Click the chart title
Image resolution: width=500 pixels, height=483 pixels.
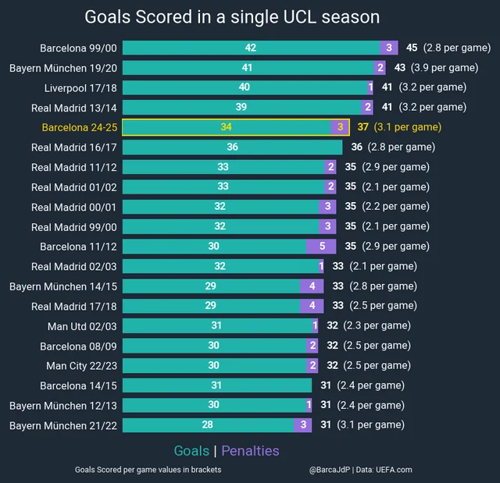(232, 17)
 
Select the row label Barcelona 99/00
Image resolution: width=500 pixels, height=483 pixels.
(78, 48)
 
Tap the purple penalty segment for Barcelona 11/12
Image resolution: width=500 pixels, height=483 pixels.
(322, 246)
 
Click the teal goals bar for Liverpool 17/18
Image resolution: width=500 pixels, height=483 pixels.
(245, 87)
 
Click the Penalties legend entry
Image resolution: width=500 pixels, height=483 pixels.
(250, 451)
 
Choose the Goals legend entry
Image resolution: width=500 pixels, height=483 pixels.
(191, 451)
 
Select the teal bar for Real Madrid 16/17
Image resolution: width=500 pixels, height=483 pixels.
(232, 147)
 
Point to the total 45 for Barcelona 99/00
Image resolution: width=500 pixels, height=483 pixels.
(412, 48)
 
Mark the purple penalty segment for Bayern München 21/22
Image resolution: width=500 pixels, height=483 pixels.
(302, 425)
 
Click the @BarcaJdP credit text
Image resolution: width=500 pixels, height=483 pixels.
(329, 470)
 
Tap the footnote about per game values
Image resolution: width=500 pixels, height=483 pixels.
(148, 470)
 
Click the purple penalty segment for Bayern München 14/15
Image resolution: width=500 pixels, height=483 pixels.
(311, 286)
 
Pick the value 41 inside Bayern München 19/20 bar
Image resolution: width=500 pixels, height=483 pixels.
(248, 68)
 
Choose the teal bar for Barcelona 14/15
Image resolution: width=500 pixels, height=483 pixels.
(216, 385)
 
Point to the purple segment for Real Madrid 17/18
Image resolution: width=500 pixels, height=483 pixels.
(311, 306)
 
